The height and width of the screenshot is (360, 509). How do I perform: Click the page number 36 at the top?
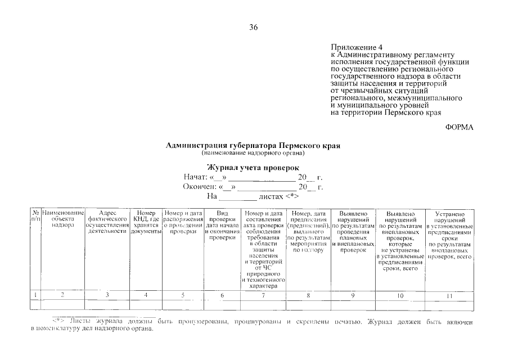[x=254, y=28]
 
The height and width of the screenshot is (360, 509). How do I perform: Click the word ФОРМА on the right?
[x=459, y=127]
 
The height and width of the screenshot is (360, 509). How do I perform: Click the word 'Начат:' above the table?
[x=196, y=177]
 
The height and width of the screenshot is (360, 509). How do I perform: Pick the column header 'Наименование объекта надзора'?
[x=62, y=219]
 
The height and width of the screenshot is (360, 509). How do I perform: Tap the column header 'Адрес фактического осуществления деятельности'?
[x=107, y=222]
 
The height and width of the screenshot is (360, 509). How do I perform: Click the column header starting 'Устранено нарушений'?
[x=449, y=235]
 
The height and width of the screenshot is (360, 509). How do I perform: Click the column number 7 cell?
[x=264, y=295]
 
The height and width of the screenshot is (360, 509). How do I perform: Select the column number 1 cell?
[x=35, y=295]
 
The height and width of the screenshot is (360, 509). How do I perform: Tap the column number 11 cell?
[x=449, y=295]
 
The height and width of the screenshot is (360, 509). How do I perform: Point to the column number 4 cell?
[x=146, y=295]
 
